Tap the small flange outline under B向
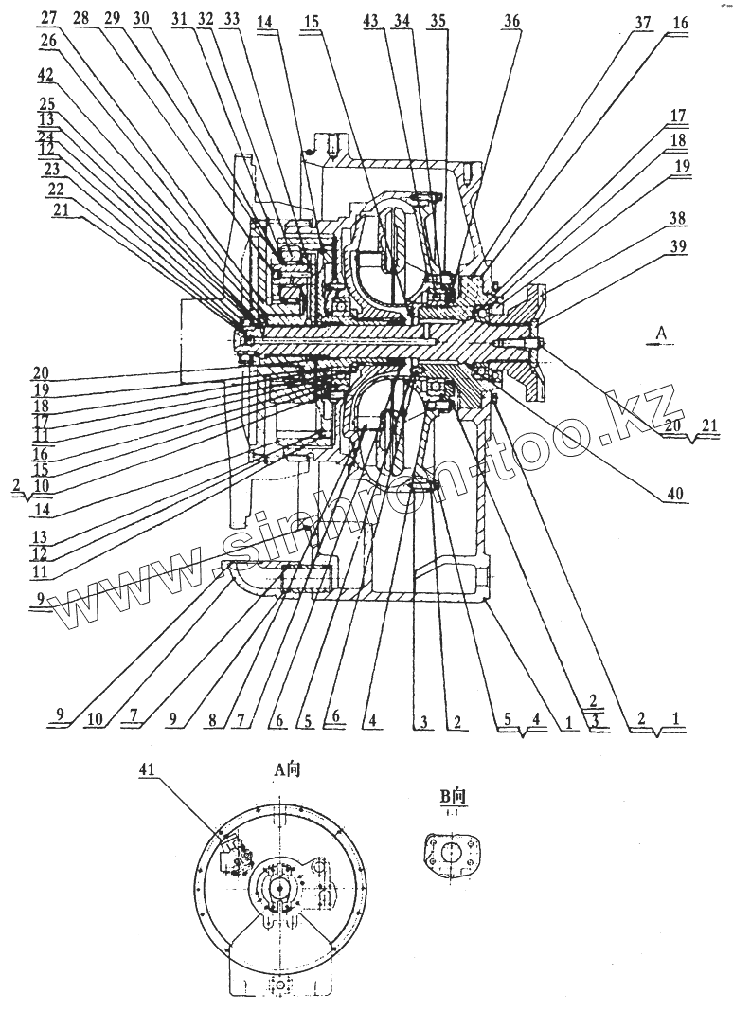(x=448, y=856)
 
